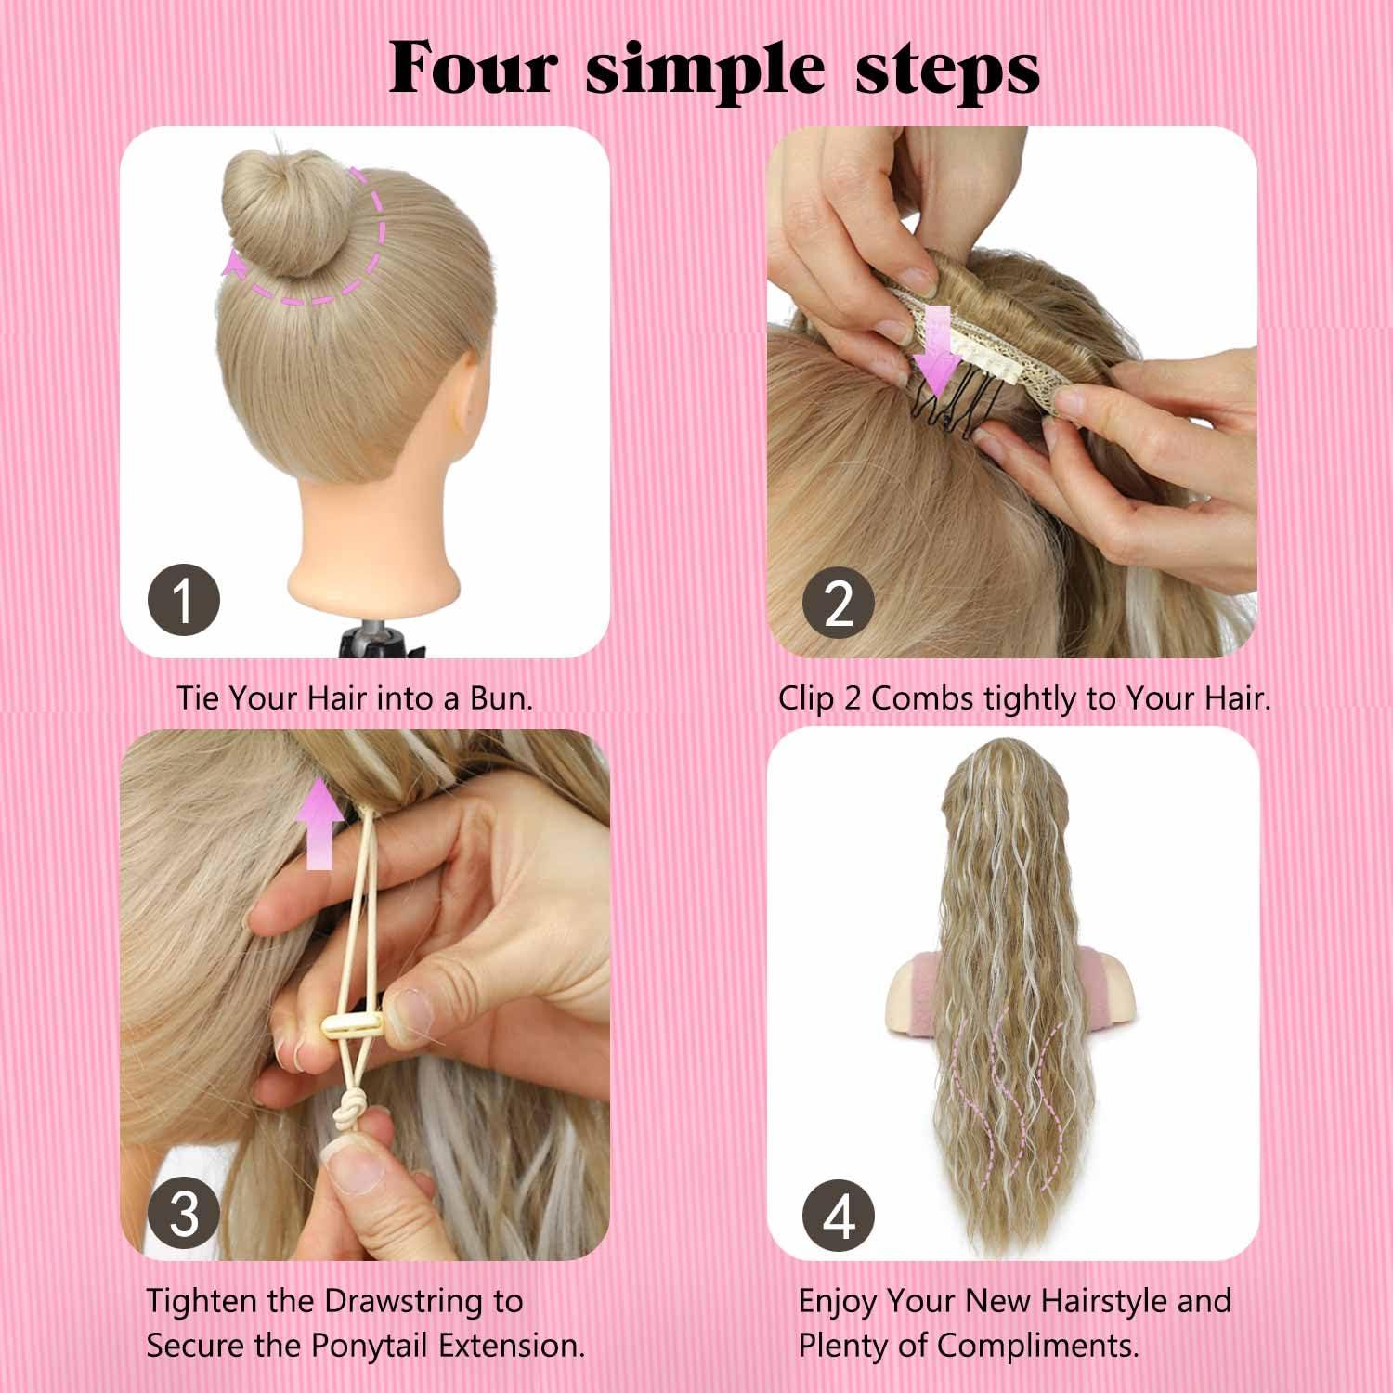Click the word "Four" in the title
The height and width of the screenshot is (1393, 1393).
(474, 67)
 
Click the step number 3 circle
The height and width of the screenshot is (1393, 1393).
(184, 1214)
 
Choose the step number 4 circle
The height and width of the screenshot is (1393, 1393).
(839, 1216)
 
